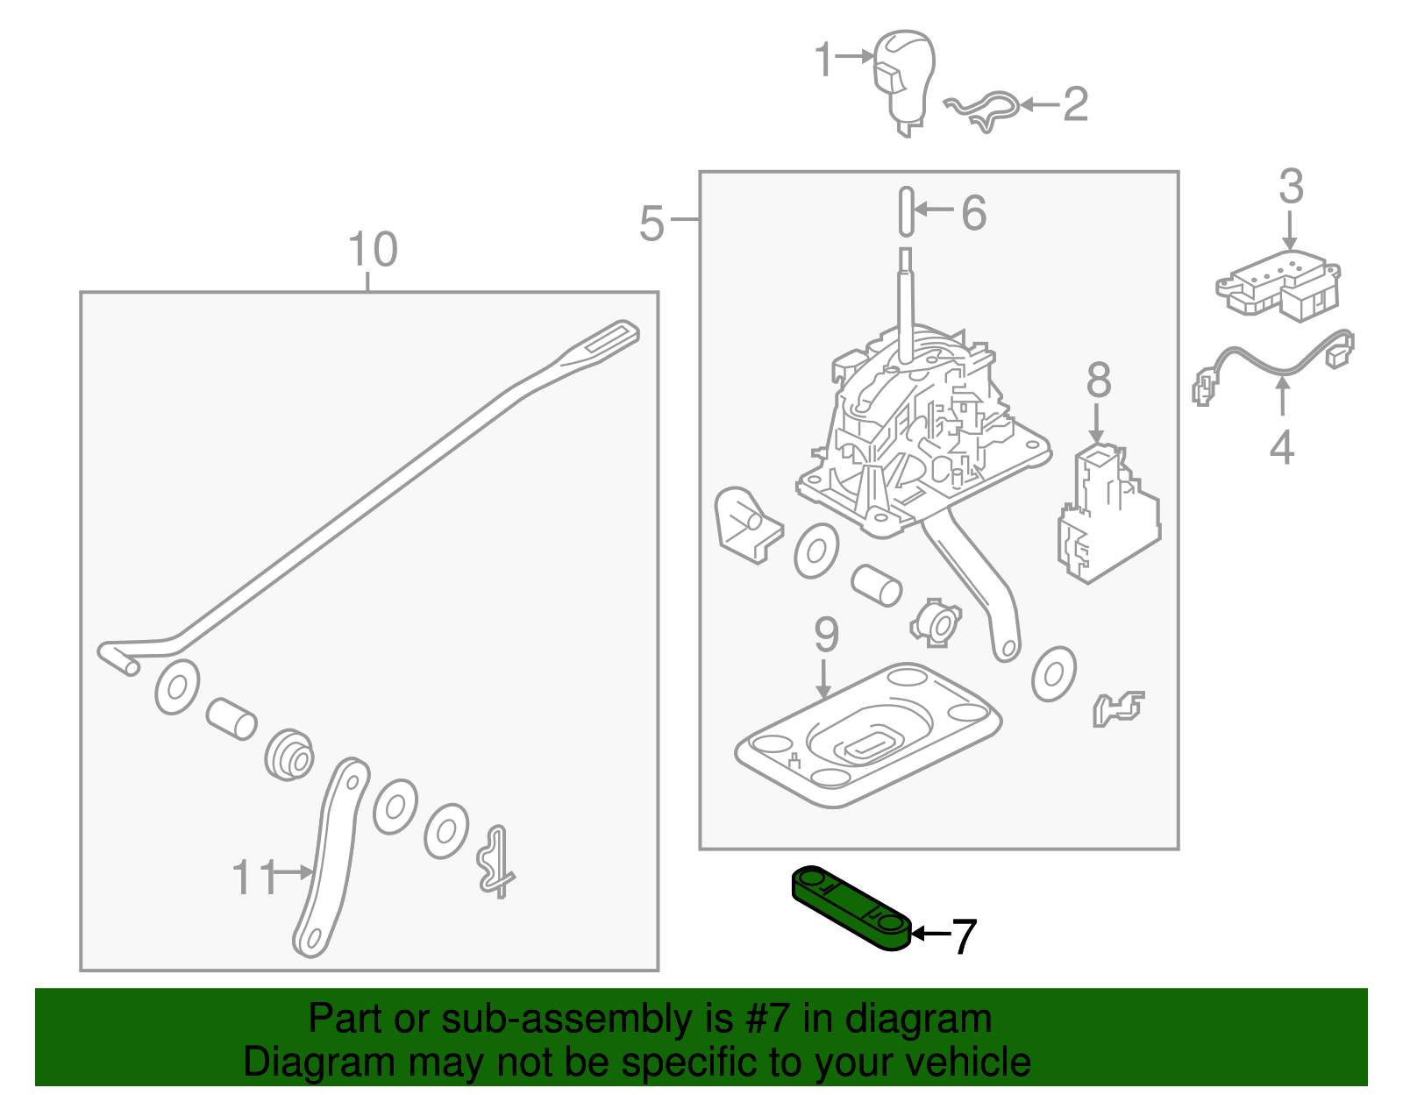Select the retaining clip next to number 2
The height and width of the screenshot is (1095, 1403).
(x=982, y=110)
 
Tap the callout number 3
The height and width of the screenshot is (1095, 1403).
(x=1291, y=187)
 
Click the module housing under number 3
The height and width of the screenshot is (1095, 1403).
(x=1278, y=283)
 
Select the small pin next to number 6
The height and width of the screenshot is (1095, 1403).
(x=906, y=211)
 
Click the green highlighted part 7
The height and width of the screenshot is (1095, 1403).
(x=851, y=907)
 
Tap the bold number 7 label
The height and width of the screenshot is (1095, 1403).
(x=963, y=936)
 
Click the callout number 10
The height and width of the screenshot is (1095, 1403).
(x=373, y=250)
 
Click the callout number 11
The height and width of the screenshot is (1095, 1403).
(x=253, y=877)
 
